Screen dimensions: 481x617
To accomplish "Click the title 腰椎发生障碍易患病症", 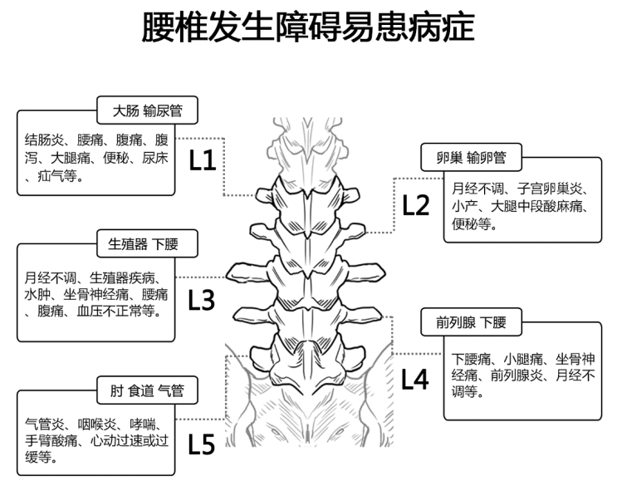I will pyautogui.click(x=308, y=28).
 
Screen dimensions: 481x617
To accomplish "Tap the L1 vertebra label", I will pyautogui.click(x=204, y=160).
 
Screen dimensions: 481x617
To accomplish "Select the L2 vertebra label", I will pyautogui.click(x=416, y=204).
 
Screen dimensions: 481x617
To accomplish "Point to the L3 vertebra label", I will pyautogui.click(x=202, y=299).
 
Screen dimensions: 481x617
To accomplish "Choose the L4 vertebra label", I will pyautogui.click(x=415, y=380).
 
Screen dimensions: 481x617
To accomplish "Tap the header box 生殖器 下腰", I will pyautogui.click(x=142, y=244).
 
